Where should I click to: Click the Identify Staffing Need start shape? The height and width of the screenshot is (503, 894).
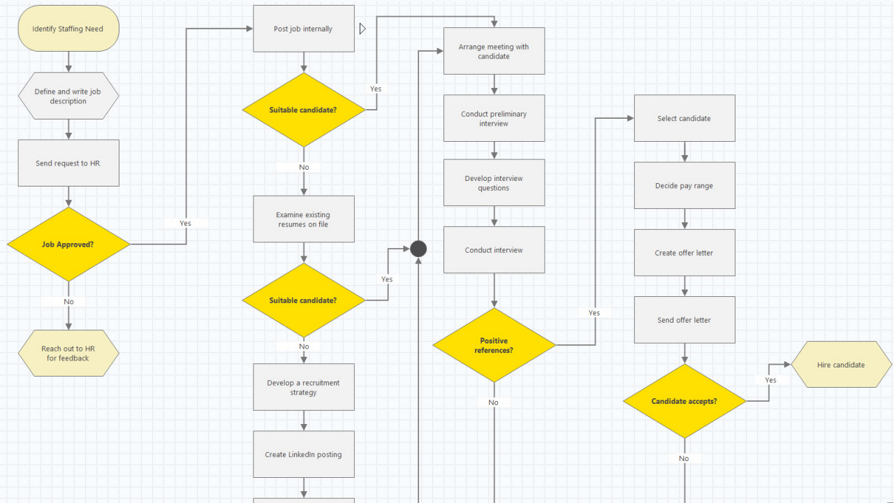pyautogui.click(x=68, y=29)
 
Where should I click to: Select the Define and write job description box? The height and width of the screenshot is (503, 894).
pyautogui.click(x=68, y=96)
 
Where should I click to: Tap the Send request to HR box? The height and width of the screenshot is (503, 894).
pyautogui.click(x=68, y=163)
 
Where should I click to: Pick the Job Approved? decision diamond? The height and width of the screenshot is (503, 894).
pyautogui.click(x=68, y=245)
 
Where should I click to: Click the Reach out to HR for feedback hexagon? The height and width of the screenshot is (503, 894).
pyautogui.click(x=68, y=353)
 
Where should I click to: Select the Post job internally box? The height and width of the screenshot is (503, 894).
pyautogui.click(x=303, y=29)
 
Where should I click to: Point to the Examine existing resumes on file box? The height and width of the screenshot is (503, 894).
pyautogui.click(x=303, y=219)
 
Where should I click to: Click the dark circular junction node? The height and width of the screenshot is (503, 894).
pyautogui.click(x=418, y=249)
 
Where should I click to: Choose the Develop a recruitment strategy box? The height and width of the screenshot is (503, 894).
pyautogui.click(x=303, y=387)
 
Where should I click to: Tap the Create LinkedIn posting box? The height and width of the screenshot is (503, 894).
pyautogui.click(x=303, y=454)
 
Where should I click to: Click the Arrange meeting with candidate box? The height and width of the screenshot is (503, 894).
pyautogui.click(x=494, y=51)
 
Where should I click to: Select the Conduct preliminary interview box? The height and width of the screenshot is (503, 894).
pyautogui.click(x=494, y=118)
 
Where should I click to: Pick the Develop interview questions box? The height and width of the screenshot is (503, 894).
pyautogui.click(x=494, y=182)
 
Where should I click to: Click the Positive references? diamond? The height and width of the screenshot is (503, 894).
pyautogui.click(x=494, y=345)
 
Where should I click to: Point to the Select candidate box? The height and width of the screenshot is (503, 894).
pyautogui.click(x=684, y=118)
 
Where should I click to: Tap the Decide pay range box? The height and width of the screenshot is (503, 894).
pyautogui.click(x=684, y=186)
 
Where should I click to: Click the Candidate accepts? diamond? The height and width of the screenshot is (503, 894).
pyautogui.click(x=684, y=401)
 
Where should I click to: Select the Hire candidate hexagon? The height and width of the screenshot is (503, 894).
pyautogui.click(x=841, y=365)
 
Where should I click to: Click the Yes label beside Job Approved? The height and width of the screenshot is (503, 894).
pyautogui.click(x=185, y=224)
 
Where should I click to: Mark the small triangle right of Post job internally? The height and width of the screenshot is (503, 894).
pyautogui.click(x=362, y=29)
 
